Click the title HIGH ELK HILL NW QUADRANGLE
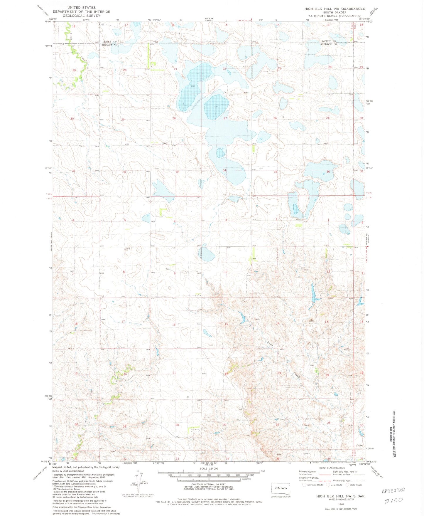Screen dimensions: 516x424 click(x=335, y=9)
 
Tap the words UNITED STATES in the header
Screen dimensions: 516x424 click(x=81, y=8)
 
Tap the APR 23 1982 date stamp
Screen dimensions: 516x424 click(x=393, y=490)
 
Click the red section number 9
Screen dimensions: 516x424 click(x=175, y=273)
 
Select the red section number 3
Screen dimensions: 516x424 click(x=226, y=220)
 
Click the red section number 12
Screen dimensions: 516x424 click(x=328, y=271)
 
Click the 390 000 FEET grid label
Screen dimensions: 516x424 click(x=48, y=397)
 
